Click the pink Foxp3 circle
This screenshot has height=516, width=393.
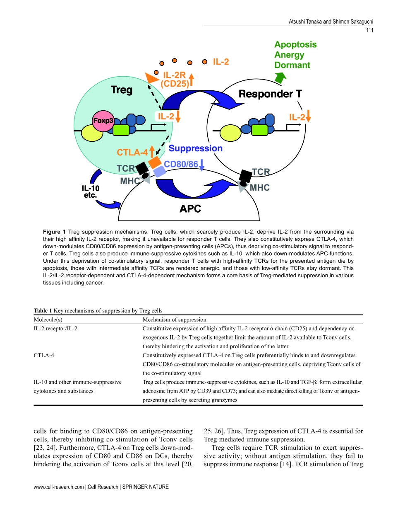pos(103,121)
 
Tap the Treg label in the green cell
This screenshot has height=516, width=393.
pos(122,90)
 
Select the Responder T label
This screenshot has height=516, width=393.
pos(270,94)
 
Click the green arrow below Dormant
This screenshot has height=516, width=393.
pos(281,77)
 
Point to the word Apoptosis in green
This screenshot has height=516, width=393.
pos(295,44)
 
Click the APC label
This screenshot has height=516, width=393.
pos(190,208)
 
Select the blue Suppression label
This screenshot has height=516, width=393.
pos(196,148)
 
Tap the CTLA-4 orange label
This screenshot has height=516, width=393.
pos(132,152)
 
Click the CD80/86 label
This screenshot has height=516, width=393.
pos(181,164)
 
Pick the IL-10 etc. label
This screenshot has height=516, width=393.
pos(90,191)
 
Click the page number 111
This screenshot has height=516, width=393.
pos(369,30)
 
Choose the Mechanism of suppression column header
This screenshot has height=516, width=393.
pos(174,320)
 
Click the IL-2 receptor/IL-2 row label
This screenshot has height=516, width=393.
pos(55,328)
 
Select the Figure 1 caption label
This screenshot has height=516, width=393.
pos(55,231)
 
